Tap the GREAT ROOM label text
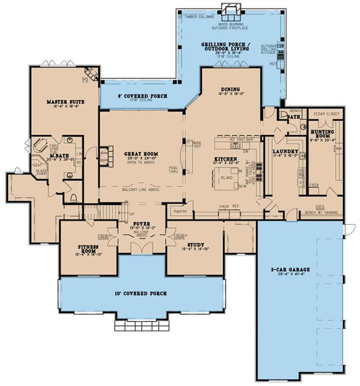(141, 154)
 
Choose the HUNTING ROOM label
(323, 135)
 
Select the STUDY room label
(195, 246)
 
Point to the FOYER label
(141, 223)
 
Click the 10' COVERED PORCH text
(142, 294)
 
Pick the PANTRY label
(180, 211)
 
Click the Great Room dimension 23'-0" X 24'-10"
(141, 159)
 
